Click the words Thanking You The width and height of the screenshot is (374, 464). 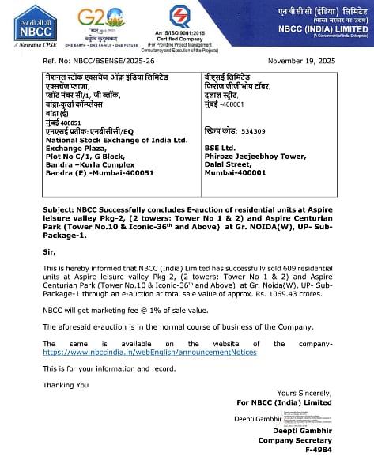pos(66,385)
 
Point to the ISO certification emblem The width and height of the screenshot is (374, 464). pos(179,17)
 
